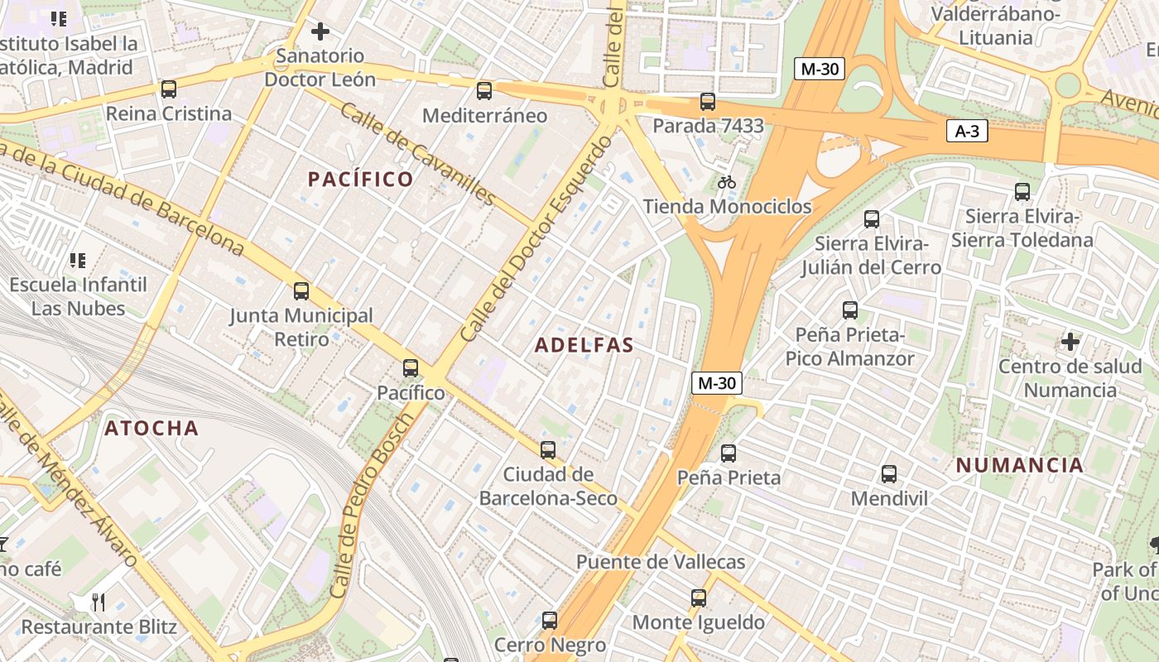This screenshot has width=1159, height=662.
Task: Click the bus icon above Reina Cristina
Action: click(x=169, y=89)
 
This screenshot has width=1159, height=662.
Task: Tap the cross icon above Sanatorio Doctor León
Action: click(x=320, y=32)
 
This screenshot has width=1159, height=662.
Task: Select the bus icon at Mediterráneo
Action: click(x=484, y=91)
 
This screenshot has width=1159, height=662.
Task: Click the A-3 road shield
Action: click(x=967, y=131)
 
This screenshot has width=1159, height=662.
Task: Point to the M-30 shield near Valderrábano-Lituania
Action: click(x=820, y=69)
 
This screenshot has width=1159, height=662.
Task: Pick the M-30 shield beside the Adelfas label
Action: click(x=716, y=383)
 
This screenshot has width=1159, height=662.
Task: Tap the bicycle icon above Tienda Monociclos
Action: click(x=727, y=182)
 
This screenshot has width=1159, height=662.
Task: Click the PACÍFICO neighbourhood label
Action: click(x=360, y=179)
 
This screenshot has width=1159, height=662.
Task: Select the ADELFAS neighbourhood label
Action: click(x=584, y=345)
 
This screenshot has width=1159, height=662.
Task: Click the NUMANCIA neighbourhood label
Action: click(x=1020, y=465)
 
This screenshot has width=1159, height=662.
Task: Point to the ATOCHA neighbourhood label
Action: click(x=151, y=428)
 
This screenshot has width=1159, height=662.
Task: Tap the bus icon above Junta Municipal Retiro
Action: click(x=301, y=291)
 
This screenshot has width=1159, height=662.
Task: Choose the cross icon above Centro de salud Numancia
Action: click(x=1070, y=341)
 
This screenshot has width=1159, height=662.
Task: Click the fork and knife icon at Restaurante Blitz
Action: click(x=99, y=602)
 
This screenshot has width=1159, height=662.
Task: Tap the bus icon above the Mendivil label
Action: click(x=889, y=474)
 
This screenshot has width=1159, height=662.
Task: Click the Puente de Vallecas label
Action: click(x=661, y=562)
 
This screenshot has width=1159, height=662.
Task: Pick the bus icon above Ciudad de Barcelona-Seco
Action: click(x=548, y=450)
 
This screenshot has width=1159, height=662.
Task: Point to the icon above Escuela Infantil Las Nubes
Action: click(x=78, y=261)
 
